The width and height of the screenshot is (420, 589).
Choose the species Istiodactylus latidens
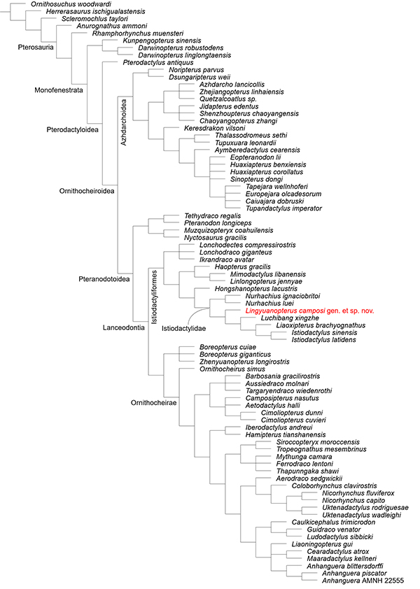(324, 341)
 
